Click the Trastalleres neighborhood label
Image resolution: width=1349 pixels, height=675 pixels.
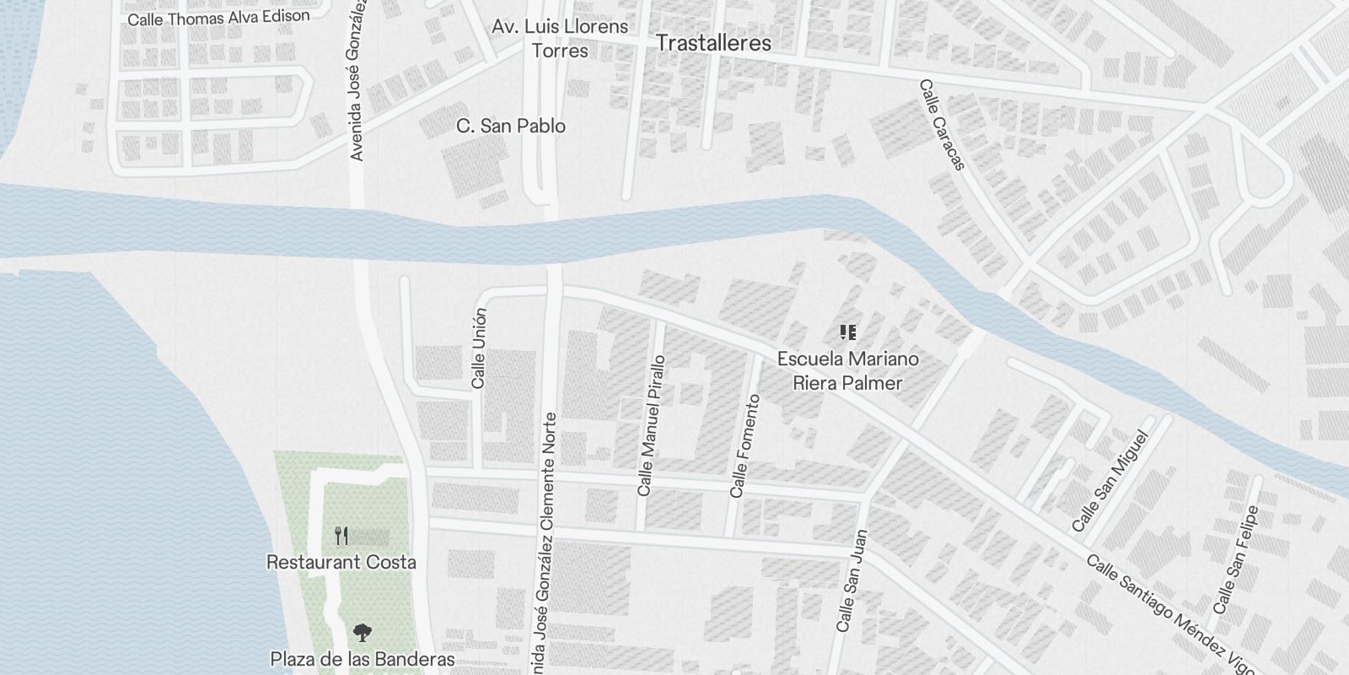(713, 43)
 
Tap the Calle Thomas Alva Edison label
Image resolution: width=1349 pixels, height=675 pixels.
(218, 17)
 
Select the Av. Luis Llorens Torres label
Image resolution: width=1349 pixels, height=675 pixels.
(561, 38)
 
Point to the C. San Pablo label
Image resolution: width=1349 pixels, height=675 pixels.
(511, 126)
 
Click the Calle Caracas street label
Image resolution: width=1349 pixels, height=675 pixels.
(942, 125)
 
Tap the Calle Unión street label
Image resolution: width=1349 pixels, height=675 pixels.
(479, 348)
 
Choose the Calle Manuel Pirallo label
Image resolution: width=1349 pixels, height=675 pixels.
(651, 425)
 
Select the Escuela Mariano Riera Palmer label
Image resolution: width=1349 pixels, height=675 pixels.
(847, 371)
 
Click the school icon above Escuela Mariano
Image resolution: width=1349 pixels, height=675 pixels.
(848, 332)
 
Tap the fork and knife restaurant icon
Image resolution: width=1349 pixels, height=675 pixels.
(341, 536)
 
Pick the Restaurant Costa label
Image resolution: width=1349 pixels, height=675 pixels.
(341, 562)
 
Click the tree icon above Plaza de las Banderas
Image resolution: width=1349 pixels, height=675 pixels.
(363, 632)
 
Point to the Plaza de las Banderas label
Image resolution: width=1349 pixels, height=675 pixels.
(363, 659)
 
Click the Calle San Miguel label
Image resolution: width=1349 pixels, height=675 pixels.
(1110, 482)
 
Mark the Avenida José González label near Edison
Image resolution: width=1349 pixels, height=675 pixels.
(357, 80)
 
